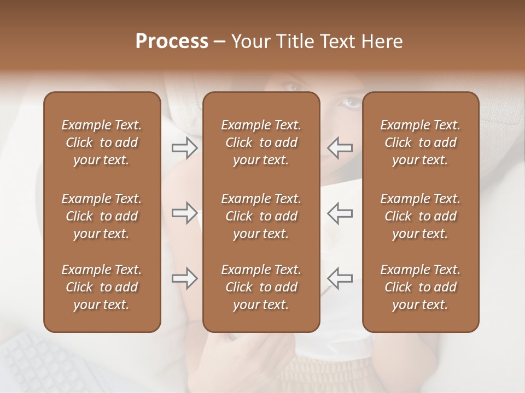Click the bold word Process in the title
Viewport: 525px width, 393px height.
(172, 41)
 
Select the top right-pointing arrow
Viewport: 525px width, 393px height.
(184, 148)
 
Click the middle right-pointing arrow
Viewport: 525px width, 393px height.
(184, 213)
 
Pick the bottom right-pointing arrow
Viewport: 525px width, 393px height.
(184, 278)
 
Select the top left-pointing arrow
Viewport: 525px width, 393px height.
(340, 148)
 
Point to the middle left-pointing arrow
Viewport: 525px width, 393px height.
(340, 213)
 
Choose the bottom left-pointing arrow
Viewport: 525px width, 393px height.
(340, 278)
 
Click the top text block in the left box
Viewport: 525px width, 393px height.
(102, 142)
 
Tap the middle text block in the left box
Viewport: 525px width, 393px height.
(102, 216)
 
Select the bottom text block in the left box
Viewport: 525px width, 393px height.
(102, 287)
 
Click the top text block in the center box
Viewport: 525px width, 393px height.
(261, 142)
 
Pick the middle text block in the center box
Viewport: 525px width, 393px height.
(261, 216)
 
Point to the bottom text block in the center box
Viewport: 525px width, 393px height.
(261, 287)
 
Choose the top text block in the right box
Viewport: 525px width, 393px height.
(421, 142)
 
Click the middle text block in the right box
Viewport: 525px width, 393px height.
(421, 216)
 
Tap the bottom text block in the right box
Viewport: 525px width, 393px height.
(421, 287)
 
